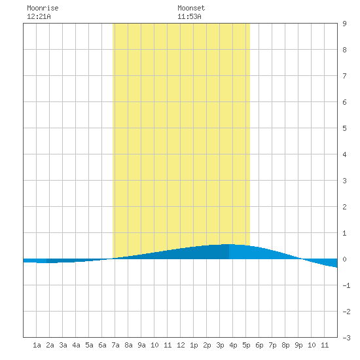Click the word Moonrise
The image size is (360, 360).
click(43, 8)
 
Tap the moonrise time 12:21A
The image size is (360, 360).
click(39, 16)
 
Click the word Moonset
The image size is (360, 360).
click(191, 8)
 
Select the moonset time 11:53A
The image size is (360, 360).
click(189, 16)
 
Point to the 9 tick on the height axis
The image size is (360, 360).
click(344, 24)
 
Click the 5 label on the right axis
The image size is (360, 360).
click(344, 128)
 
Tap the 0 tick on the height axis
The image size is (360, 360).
click(344, 259)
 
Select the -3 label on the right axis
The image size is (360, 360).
click(346, 338)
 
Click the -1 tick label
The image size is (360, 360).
click(346, 285)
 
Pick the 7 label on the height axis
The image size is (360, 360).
click(344, 76)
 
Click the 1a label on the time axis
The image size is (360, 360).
click(37, 345)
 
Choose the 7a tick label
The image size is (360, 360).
click(115, 345)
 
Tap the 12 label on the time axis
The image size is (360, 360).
click(181, 345)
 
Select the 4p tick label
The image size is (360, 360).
click(233, 345)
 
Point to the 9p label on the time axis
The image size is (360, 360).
click(298, 345)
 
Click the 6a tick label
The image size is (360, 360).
click(102, 345)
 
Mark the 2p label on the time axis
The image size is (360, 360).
click(207, 345)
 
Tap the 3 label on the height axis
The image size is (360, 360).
click(344, 181)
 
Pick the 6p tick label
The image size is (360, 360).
click(259, 345)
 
